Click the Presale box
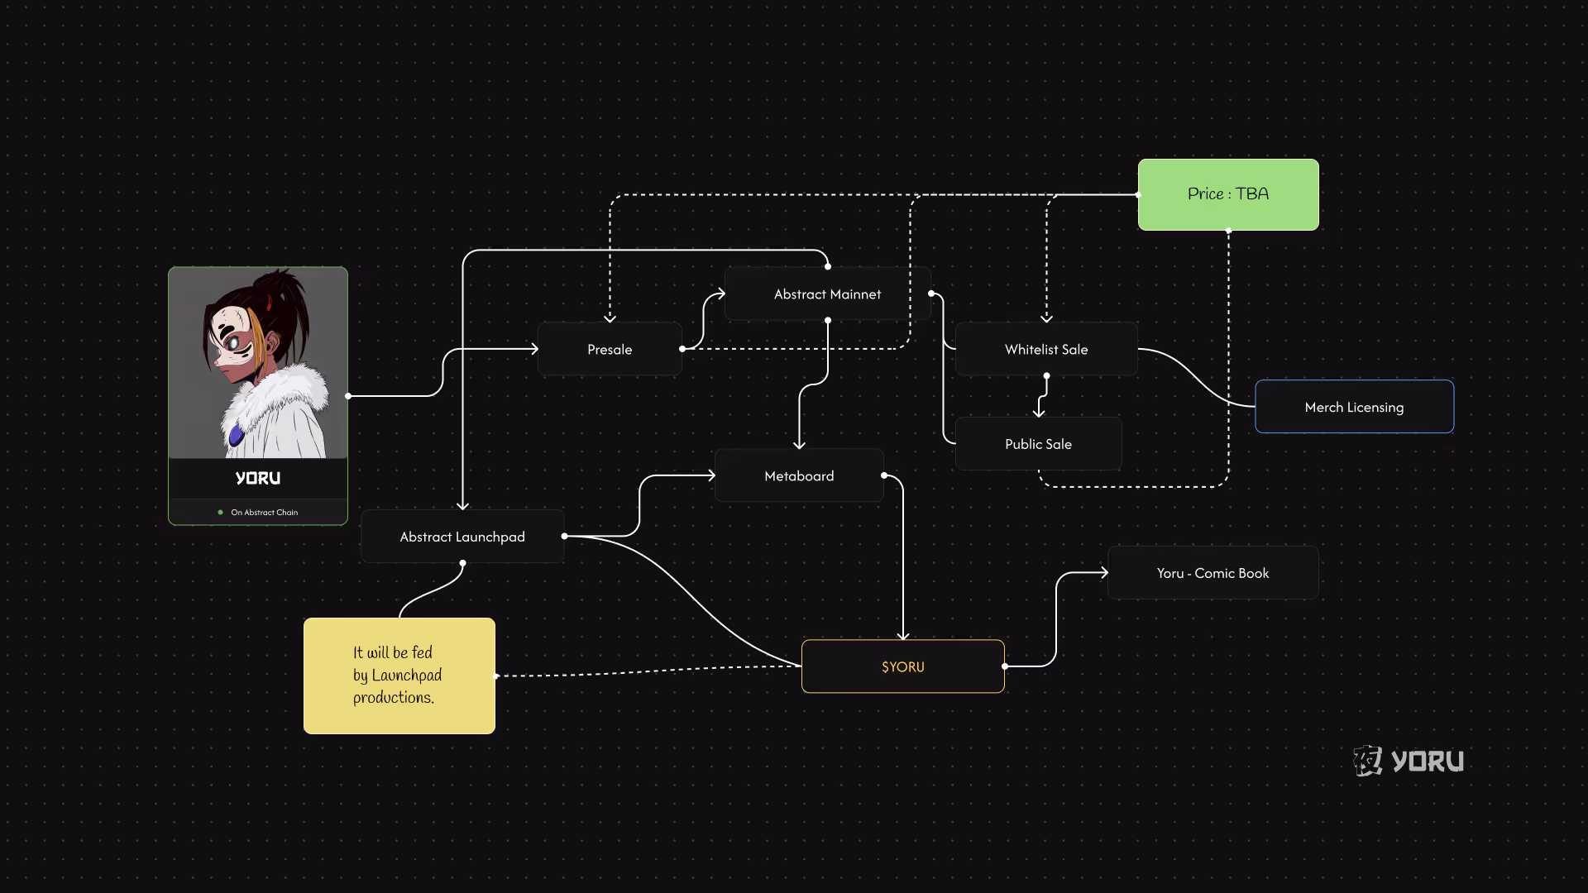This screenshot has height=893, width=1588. [x=610, y=350]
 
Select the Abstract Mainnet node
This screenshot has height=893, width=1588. [x=827, y=294]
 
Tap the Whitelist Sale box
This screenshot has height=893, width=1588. [x=1046, y=350]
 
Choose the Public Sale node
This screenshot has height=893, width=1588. [x=1038, y=444]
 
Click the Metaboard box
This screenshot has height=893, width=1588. [x=799, y=476]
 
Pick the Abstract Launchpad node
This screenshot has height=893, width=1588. [x=462, y=537]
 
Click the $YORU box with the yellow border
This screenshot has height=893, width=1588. [x=902, y=666]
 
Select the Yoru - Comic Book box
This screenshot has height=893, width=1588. [x=1213, y=573]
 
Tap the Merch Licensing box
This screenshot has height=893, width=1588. [x=1354, y=407]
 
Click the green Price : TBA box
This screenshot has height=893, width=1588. [x=1228, y=194]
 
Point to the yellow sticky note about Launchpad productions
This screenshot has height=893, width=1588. [x=399, y=676]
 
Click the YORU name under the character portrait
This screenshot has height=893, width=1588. [x=258, y=479]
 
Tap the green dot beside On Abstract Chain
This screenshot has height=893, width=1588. [x=220, y=513]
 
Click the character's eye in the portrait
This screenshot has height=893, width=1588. [x=234, y=340]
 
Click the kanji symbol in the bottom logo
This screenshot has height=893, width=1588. [x=1368, y=761]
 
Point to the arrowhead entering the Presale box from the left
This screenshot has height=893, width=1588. [x=534, y=349]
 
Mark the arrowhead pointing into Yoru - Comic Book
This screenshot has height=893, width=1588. [x=1103, y=572]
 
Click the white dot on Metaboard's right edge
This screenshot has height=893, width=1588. [x=884, y=475]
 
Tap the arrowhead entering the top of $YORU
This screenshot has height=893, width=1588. [x=903, y=635]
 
